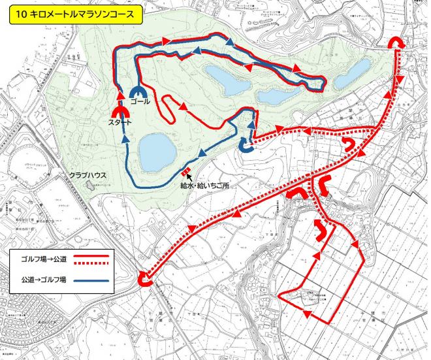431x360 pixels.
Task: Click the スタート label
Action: [121, 123]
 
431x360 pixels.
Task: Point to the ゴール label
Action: [140, 102]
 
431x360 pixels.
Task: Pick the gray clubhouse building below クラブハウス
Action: [89, 187]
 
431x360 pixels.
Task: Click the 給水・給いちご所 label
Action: [205, 186]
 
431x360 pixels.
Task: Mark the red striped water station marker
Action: [186, 172]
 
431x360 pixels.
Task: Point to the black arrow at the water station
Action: [189, 177]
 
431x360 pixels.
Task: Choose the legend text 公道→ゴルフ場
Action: [41, 282]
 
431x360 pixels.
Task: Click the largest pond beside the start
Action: [157, 150]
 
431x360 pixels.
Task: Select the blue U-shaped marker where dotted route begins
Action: [246, 146]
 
